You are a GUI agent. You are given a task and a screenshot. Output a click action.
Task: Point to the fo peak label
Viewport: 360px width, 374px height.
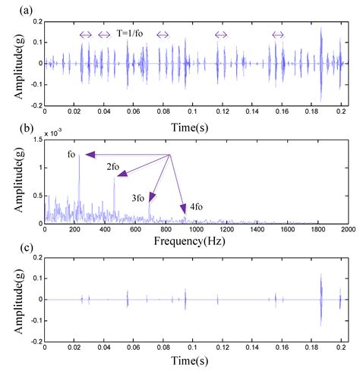[x=72, y=155]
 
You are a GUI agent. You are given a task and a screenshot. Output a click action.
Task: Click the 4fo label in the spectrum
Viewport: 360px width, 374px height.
[x=196, y=206]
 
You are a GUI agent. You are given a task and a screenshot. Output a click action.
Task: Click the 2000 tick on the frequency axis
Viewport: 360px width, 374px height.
[x=347, y=230]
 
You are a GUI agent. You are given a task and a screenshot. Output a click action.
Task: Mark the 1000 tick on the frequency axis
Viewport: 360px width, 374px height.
[x=196, y=230]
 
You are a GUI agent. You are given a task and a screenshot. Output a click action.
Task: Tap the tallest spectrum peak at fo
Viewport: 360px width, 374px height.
[x=80, y=156]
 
